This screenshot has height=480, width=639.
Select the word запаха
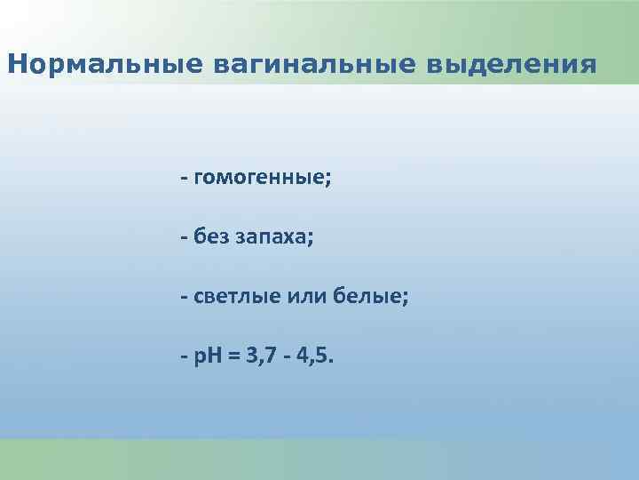(272, 237)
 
